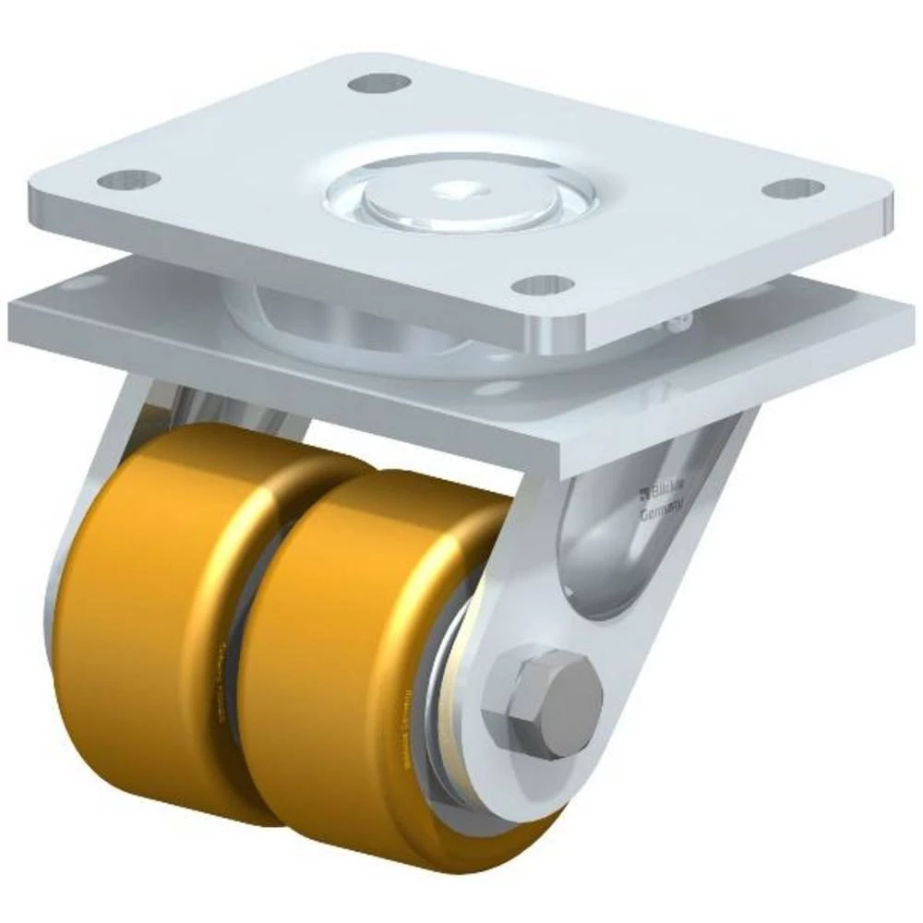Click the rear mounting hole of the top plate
click(x=379, y=83)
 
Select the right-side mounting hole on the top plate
click(x=793, y=188)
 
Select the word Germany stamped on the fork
click(x=663, y=508)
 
